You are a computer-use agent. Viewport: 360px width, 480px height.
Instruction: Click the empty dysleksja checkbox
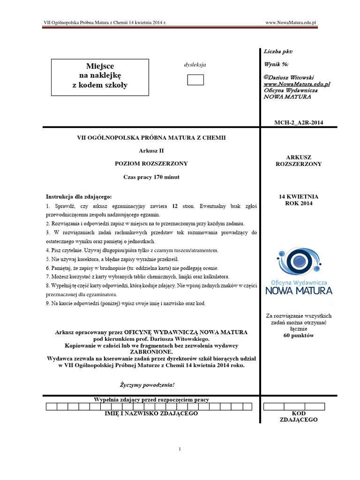point(195,80)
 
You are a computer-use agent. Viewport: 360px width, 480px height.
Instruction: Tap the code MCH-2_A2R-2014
point(298,123)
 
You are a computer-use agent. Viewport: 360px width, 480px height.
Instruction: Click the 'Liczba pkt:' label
point(278,52)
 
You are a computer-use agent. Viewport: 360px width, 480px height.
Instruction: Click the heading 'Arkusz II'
point(151,150)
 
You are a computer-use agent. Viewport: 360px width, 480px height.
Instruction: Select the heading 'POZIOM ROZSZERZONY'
point(151,164)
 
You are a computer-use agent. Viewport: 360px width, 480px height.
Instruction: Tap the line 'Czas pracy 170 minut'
point(151,177)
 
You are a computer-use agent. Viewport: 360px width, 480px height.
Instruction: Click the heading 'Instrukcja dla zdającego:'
point(79,196)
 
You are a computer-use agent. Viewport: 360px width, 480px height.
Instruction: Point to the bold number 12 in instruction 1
point(174,206)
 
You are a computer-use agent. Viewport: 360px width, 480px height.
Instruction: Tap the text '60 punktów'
point(299,335)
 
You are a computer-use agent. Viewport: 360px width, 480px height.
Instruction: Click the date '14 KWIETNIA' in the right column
point(299,196)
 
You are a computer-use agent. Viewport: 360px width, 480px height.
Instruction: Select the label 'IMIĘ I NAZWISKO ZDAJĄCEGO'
point(151,413)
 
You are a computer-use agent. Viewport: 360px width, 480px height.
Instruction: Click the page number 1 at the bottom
point(180,449)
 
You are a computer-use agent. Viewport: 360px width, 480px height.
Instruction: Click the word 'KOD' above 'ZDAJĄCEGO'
point(299,413)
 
